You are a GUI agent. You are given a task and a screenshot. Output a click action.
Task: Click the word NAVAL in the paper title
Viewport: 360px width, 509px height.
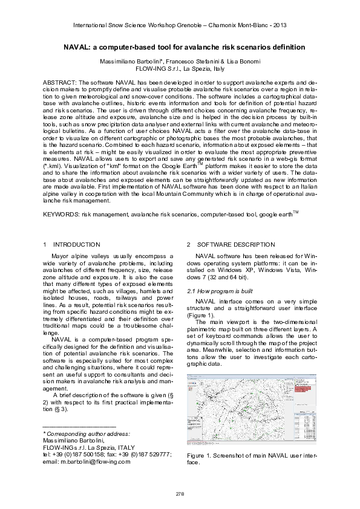pos(77,47)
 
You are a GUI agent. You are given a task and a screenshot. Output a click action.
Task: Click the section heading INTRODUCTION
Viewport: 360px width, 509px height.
pos(77,244)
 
